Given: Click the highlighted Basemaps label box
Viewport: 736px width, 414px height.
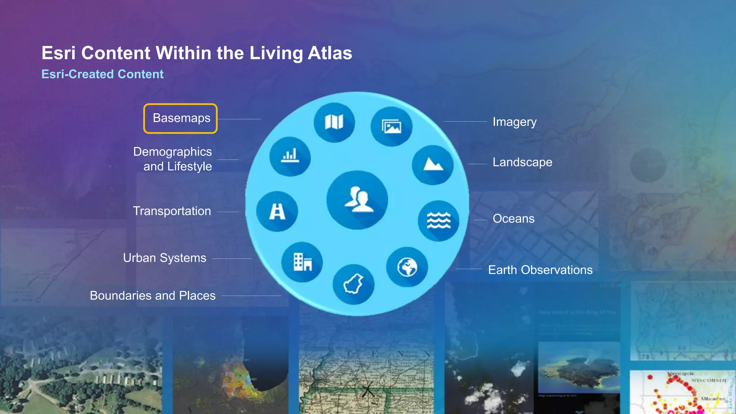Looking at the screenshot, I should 180,118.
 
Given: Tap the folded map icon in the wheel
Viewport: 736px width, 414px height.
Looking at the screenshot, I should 334,122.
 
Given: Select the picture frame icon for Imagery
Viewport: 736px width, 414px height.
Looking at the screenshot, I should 391,126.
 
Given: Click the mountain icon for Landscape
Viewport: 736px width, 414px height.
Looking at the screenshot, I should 433,165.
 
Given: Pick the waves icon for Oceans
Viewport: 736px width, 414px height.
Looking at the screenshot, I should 438,220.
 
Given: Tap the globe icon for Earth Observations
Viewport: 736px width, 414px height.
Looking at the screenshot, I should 407,267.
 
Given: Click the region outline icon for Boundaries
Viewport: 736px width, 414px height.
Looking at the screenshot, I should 354,284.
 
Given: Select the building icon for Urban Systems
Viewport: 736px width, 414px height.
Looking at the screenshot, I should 302,262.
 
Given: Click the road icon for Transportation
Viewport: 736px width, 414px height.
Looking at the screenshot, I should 277,211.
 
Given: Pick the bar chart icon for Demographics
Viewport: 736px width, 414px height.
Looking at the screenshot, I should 290,156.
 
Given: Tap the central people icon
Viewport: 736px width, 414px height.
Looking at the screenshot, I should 357,200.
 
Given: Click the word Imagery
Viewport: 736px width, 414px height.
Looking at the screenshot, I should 514,122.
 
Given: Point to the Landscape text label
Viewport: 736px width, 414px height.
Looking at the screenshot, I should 522,162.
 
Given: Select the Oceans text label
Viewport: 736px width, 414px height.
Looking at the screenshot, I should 513,218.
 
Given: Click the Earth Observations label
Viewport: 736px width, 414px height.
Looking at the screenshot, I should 540,270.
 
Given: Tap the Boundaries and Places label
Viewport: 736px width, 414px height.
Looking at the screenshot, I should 153,295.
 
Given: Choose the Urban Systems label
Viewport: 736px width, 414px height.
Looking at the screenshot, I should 165,258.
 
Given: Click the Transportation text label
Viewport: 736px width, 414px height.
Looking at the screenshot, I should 172,211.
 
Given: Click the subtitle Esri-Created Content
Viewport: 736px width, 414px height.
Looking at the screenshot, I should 102,74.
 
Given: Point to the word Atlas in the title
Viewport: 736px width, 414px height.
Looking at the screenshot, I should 330,53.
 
